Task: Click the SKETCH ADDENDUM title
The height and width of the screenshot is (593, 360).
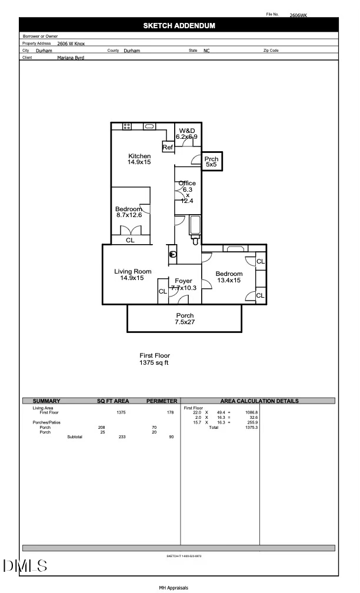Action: point(179,26)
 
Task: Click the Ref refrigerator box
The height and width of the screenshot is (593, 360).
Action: point(168,147)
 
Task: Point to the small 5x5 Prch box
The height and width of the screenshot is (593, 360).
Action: point(211,162)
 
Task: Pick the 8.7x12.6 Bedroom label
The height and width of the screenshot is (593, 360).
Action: point(129,212)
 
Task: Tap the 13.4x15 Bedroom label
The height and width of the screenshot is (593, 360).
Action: point(229,277)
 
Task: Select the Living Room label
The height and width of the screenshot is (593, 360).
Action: point(132,275)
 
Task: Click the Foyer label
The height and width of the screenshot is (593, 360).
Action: point(183,285)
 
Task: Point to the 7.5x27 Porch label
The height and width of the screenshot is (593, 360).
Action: point(185,319)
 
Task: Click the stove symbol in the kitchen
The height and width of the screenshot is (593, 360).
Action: point(126,126)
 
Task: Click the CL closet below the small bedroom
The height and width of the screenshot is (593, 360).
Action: point(130,240)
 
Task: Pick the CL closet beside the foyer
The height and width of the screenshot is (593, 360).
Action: point(162,292)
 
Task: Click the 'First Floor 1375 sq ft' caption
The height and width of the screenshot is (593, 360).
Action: point(154,359)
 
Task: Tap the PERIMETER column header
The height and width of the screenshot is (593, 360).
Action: point(161,401)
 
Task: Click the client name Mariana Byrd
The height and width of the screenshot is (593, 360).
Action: point(71,58)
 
